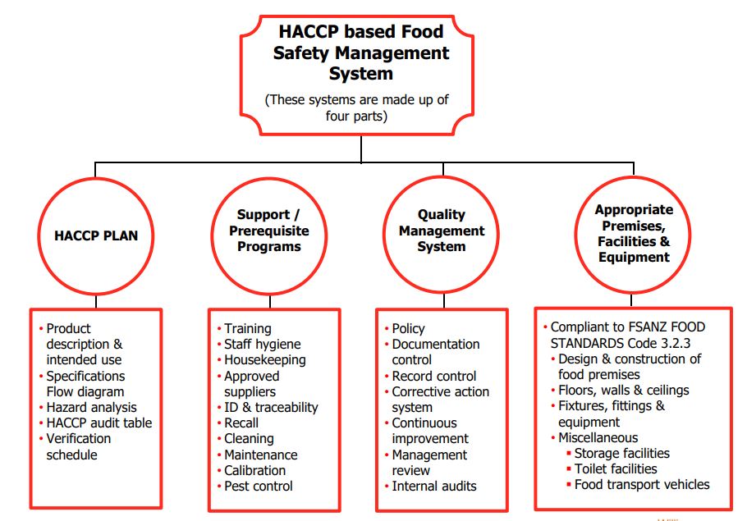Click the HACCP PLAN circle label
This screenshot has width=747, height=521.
tap(96, 235)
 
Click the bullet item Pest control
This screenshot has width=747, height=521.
tap(259, 487)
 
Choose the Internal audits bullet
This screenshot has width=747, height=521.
tap(434, 487)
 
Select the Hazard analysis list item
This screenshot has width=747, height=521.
tap(91, 408)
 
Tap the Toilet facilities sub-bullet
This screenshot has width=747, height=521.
tap(616, 469)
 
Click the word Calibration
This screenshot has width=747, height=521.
tap(254, 470)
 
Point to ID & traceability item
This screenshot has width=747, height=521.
tap(271, 408)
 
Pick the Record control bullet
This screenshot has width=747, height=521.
tap(434, 377)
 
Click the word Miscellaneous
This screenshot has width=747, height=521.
tap(598, 437)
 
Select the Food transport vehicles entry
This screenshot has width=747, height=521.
tap(642, 485)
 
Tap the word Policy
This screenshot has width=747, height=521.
tap(408, 329)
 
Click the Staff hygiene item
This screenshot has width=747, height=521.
tap(263, 345)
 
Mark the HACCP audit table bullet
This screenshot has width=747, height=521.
tap(99, 423)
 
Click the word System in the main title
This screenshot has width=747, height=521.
tap(360, 74)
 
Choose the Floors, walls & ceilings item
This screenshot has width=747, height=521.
tap(624, 391)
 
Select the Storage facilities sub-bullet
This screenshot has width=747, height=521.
tap(621, 454)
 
